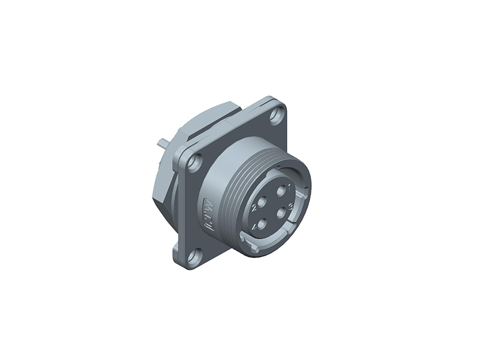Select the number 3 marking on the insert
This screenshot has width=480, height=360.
pos(290,208)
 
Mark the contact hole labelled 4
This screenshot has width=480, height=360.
pos(262,223)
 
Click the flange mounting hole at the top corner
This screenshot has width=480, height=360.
pos(277,114)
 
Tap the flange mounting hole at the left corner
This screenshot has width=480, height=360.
pos(193,161)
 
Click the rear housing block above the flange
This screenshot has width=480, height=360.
pos(210,120)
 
